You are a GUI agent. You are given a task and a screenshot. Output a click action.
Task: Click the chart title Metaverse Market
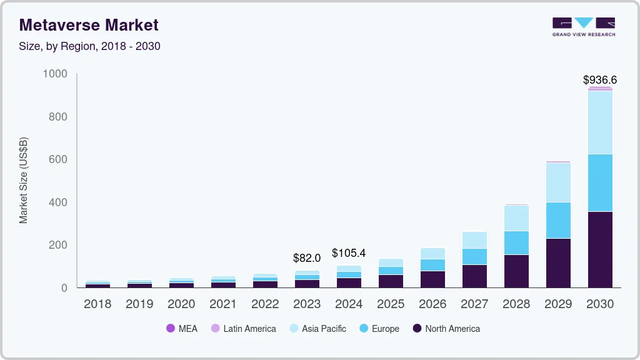click(x=89, y=25)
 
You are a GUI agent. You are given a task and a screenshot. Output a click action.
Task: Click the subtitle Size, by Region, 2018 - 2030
click(x=90, y=46)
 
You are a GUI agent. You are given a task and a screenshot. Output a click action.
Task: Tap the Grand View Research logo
click(x=583, y=26)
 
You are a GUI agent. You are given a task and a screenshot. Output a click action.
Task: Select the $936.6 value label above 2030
click(x=599, y=80)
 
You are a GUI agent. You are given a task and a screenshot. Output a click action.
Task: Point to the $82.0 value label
click(x=306, y=257)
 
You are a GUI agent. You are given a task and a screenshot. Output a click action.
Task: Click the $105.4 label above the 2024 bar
click(x=348, y=253)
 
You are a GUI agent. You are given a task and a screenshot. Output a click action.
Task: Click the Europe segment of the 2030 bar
click(x=599, y=182)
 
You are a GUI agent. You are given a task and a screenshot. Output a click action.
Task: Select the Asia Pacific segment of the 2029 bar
click(x=557, y=182)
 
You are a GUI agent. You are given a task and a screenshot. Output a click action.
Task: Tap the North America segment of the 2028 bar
click(x=516, y=271)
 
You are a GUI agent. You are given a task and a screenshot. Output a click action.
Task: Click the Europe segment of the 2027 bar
click(x=474, y=256)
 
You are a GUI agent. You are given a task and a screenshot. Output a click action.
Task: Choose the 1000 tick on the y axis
click(x=54, y=74)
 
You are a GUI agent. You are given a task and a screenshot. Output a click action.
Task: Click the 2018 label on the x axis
click(x=97, y=304)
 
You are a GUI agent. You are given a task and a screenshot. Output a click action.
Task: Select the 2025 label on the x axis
click(x=390, y=304)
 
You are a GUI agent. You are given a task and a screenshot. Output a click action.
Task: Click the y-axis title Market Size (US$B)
click(x=24, y=180)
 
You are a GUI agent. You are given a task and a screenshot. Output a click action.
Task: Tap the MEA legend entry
click(x=182, y=328)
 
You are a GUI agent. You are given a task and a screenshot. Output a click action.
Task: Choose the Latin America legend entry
click(x=243, y=328)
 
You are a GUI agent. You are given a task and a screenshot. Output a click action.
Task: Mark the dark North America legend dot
click(x=416, y=328)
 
